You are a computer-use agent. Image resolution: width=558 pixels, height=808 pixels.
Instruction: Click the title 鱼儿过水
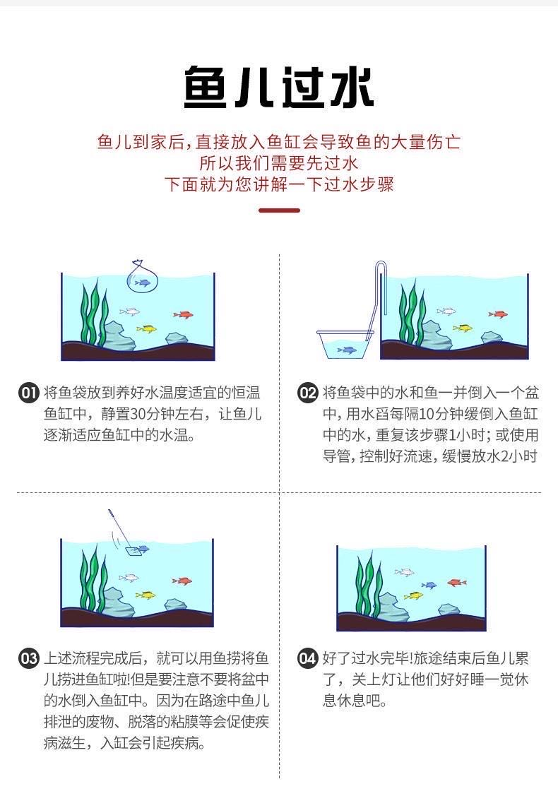coord(278,87)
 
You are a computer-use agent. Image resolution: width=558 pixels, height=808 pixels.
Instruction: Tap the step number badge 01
coord(29,393)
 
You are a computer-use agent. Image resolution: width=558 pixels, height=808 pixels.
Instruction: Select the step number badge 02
coord(307,393)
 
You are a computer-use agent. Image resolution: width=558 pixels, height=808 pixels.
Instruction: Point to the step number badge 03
coord(29,658)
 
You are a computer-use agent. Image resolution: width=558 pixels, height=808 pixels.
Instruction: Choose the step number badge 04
coord(307,658)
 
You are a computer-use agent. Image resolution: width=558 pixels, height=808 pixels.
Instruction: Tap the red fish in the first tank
coord(184,314)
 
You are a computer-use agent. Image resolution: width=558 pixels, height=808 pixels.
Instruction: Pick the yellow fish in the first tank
coord(147,328)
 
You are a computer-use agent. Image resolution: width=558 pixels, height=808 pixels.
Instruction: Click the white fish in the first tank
coord(129,311)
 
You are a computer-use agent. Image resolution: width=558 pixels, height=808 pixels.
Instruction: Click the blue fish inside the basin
coord(347,350)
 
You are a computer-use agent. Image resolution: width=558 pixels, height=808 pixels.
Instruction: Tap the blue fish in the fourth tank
coord(429,585)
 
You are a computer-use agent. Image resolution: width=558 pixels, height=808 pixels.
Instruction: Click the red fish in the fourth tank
coord(456,583)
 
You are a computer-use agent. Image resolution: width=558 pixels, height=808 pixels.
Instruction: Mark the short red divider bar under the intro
coord(279,210)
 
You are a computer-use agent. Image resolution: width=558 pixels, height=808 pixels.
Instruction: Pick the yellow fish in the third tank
coord(146,595)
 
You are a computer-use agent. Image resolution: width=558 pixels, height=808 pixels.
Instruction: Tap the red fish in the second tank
coord(498,314)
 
